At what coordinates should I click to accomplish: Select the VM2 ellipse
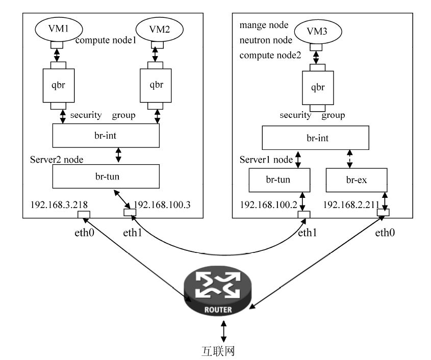(159, 29)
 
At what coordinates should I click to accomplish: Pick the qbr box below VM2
(157, 85)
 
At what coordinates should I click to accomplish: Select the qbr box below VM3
(318, 87)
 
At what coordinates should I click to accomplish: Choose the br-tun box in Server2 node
(107, 177)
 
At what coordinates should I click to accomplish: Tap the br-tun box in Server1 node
(279, 180)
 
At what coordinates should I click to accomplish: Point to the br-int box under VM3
(315, 138)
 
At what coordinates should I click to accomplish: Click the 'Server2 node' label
(57, 160)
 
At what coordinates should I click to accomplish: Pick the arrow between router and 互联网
(223, 332)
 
